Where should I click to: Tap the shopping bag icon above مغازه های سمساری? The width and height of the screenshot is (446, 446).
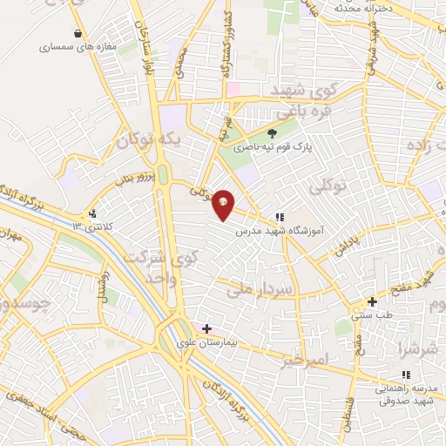(x=79, y=34)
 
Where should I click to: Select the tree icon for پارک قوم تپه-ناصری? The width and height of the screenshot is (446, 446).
(x=272, y=133)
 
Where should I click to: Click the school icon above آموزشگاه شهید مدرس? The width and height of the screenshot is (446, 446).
(x=279, y=216)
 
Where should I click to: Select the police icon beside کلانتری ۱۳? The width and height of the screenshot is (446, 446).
(x=92, y=213)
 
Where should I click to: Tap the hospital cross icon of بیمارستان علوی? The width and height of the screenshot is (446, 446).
(x=206, y=328)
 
